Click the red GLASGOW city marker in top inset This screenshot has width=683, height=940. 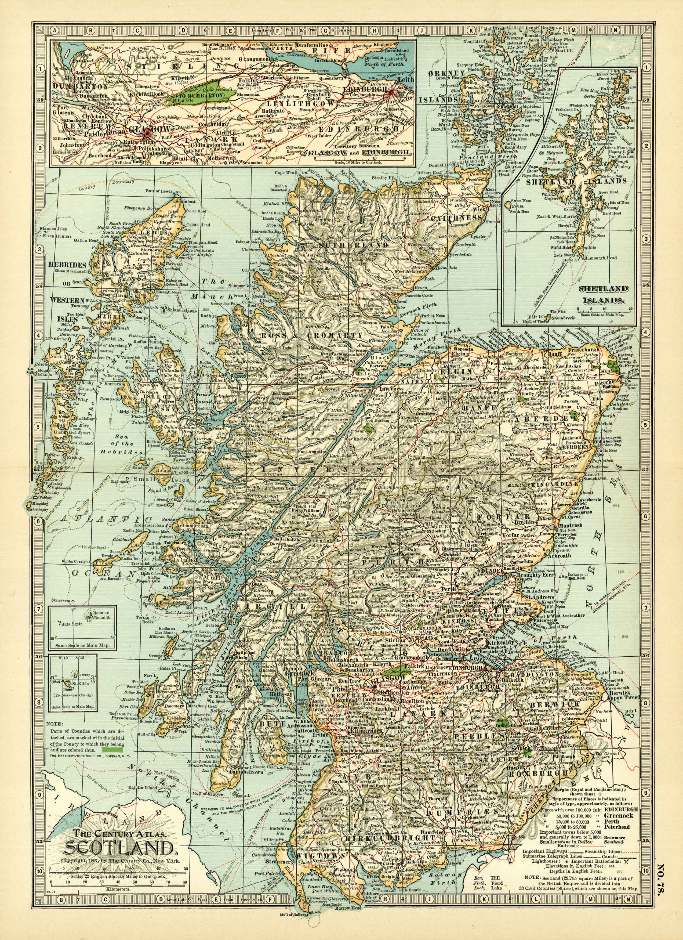coord(146,133)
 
